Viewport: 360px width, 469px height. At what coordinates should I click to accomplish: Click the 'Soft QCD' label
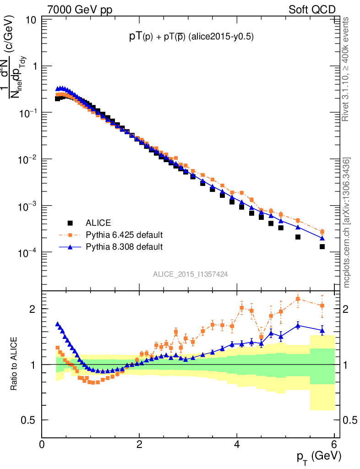click(x=311, y=9)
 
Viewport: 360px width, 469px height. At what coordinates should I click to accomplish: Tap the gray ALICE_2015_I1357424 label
click(x=191, y=274)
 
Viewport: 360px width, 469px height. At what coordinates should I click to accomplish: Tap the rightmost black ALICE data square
click(x=322, y=246)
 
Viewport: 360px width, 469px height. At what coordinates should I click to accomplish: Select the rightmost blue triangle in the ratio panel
click(x=322, y=330)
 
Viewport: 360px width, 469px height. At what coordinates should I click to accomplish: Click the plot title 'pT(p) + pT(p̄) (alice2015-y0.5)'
click(x=191, y=38)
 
